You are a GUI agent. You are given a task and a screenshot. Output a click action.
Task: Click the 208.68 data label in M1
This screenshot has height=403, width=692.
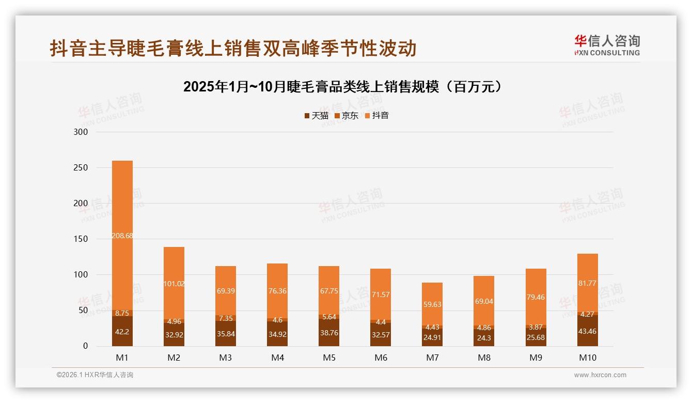point(122,235)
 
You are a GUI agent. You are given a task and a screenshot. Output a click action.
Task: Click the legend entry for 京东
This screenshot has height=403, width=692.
point(347,116)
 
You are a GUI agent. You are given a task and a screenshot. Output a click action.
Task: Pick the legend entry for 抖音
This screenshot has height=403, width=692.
point(377,116)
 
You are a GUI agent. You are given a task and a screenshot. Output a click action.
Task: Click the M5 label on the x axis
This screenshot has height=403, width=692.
point(329,358)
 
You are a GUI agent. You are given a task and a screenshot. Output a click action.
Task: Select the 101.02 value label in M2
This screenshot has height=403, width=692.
point(174,283)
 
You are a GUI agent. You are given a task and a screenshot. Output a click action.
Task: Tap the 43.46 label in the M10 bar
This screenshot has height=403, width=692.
point(587,334)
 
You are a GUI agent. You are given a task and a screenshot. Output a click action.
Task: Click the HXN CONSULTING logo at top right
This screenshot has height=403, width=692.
point(607,45)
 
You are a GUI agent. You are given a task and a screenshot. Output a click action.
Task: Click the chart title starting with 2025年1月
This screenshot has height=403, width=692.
point(343,87)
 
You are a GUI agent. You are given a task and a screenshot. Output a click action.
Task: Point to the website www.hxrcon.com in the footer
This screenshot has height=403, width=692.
point(600,375)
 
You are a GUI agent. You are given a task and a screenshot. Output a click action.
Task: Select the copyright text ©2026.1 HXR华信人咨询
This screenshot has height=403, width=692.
point(95,375)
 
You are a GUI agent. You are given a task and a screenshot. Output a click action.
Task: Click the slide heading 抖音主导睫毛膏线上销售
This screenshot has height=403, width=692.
point(233,49)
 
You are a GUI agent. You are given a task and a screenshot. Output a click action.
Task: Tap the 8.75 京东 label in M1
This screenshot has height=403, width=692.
point(122,313)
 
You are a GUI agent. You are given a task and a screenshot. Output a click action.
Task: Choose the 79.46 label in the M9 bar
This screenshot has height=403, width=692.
point(536,297)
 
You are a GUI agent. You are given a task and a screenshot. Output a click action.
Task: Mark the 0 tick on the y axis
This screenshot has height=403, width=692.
point(86,346)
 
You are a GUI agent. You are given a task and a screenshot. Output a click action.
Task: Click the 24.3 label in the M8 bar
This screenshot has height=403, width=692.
point(484,338)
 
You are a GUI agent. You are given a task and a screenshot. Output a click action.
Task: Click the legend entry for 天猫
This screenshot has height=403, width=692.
point(317,116)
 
